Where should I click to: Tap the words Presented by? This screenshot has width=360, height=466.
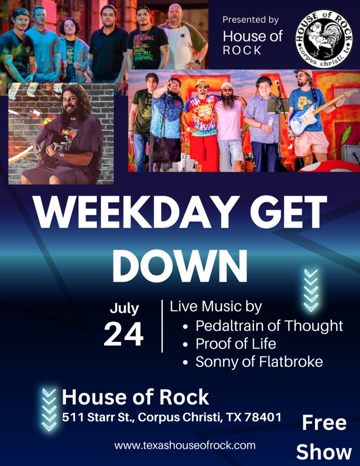coord(251,20)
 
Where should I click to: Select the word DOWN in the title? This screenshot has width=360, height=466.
coord(180,265)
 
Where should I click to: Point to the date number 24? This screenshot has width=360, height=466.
coord(124,334)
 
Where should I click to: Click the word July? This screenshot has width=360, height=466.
coord(124,309)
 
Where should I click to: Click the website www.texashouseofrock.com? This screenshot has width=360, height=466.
coord(185,445)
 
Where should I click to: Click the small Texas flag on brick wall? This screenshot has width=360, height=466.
coord(34,113)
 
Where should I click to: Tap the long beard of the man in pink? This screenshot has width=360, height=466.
coord(229,100)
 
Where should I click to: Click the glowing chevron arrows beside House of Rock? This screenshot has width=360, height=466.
coord(49,410)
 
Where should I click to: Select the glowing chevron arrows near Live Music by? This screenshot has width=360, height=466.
coord(311,291)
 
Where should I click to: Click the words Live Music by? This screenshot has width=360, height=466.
coord(216,306)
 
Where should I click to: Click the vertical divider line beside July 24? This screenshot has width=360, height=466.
coord(162,326)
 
